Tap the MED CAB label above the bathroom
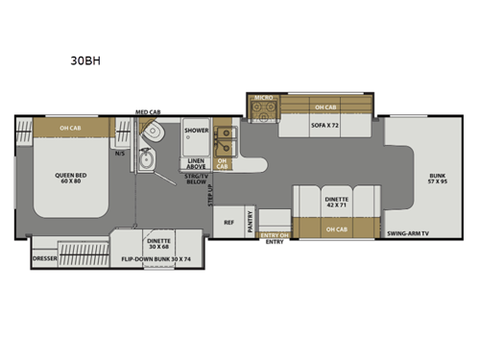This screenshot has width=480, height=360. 147,113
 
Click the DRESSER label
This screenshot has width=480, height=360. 44,259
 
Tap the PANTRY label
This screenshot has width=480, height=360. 250,224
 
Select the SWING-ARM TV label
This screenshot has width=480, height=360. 407,233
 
